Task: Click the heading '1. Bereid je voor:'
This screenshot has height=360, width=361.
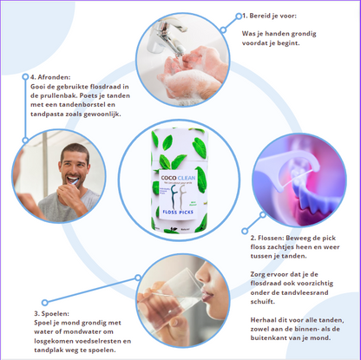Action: (269, 16)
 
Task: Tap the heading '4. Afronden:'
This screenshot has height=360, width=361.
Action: (50, 77)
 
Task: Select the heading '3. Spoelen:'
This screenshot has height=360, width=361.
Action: (51, 313)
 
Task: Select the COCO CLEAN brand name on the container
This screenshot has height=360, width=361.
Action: (178, 178)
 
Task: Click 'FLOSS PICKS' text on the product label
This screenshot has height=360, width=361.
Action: (178, 212)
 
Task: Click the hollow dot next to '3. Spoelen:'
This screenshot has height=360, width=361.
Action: (44, 303)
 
